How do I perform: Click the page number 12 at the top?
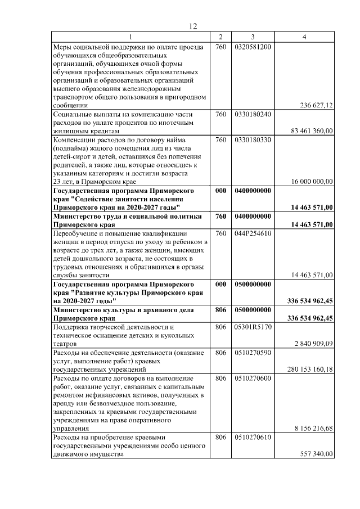(x=192, y=26)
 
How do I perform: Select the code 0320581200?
(x=253, y=47)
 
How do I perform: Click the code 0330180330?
(x=253, y=139)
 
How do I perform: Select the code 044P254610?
(x=253, y=233)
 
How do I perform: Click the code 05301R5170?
(x=253, y=327)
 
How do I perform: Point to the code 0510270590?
(x=253, y=353)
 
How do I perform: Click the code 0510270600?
(x=253, y=378)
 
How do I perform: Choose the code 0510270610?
(x=253, y=437)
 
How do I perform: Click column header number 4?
(x=304, y=37)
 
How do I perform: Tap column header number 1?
(x=130, y=37)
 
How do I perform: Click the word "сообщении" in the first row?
(x=70, y=105)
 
